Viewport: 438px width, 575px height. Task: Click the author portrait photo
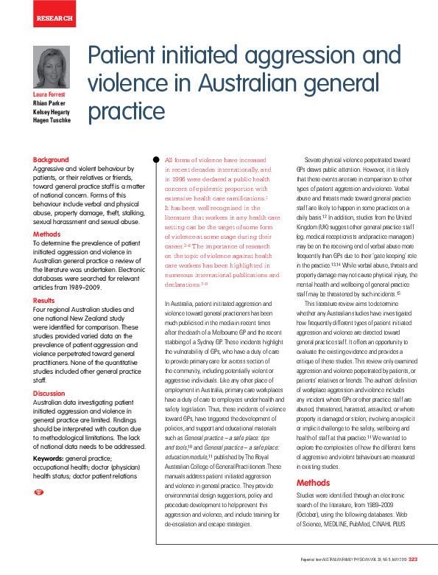[52, 67]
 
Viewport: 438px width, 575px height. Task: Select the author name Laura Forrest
[49, 95]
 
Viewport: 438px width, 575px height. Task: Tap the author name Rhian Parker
[49, 103]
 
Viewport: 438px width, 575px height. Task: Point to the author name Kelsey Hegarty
[52, 111]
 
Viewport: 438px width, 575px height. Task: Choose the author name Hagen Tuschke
[52, 119]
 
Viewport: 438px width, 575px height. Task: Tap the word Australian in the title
[253, 84]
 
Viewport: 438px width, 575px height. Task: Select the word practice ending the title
[126, 111]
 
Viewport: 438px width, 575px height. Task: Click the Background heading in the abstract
[51, 160]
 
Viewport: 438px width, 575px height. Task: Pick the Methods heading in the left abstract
[47, 234]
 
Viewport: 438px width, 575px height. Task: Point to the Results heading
[44, 301]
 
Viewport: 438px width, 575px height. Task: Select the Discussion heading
[49, 394]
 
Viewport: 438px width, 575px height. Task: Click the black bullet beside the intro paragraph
[155, 159]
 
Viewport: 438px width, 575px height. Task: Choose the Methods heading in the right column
[314, 484]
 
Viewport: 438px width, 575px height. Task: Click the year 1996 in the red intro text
[183, 178]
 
